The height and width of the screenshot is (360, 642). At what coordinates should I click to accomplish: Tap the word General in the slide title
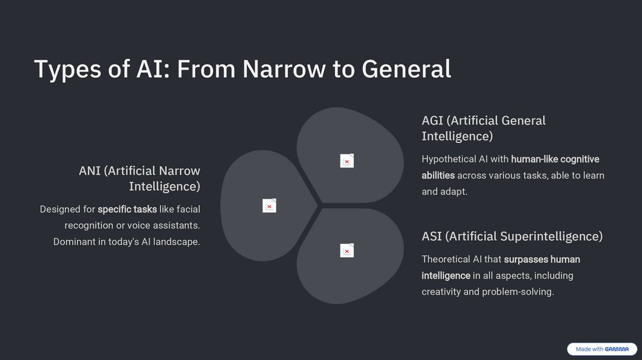tap(406, 69)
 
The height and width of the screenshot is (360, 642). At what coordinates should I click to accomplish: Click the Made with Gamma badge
tap(602, 349)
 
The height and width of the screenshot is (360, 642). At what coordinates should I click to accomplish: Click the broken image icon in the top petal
tap(347, 161)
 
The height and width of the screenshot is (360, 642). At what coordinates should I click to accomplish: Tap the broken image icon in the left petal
tap(269, 206)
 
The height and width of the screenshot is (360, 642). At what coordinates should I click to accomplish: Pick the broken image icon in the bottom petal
tap(347, 250)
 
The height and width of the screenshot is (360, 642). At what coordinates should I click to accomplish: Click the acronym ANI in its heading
tap(90, 171)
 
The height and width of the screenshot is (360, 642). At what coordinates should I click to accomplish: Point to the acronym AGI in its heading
tap(433, 120)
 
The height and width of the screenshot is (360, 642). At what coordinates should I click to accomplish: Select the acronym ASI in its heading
tap(432, 236)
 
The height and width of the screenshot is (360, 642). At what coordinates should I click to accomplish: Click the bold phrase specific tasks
tap(127, 209)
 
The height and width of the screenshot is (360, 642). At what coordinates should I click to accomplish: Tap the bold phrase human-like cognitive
tap(555, 159)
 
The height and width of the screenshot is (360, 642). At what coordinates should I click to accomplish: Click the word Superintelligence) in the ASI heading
tap(552, 236)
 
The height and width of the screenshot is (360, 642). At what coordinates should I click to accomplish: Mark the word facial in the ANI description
tap(188, 209)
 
